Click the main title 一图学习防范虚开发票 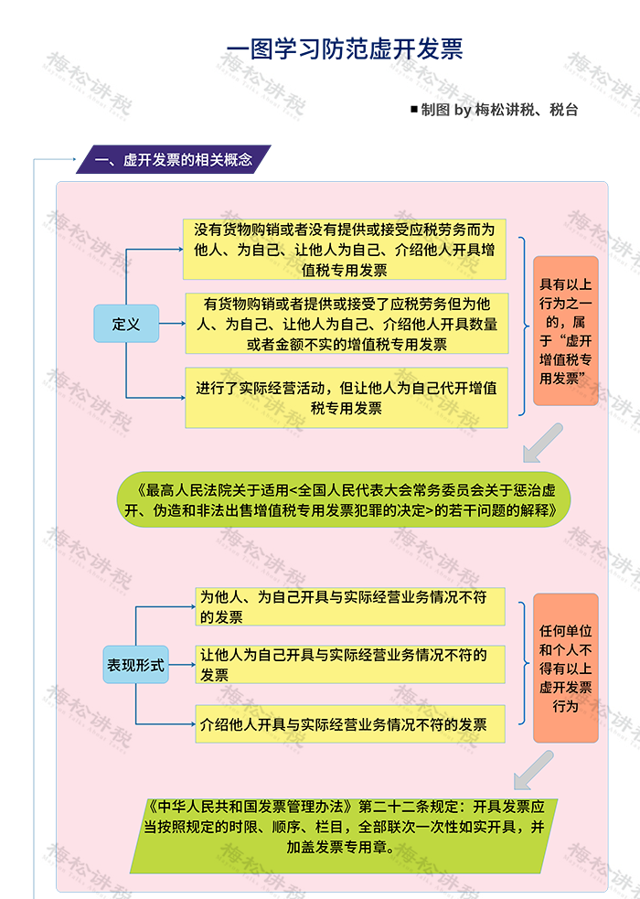pos(345,49)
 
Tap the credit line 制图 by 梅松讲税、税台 pos(499,110)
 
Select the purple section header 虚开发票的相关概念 pos(174,159)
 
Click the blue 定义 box pos(126,324)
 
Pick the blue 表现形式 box pos(136,665)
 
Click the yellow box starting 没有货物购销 pos(345,250)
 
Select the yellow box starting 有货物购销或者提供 pos(347,324)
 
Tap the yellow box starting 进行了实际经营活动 pos(347,398)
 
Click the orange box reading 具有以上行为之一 pos(566,331)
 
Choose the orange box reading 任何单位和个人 pos(566,668)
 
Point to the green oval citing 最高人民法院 pos(345,499)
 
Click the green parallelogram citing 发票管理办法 pos(344,836)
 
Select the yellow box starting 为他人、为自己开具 pos(350,606)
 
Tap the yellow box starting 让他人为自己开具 pos(350,665)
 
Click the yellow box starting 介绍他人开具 pos(350,724)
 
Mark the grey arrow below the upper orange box pos(542,444)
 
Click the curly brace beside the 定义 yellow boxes pos(523,326)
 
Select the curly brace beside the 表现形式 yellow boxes pos(523,663)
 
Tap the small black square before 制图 pos(413,109)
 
